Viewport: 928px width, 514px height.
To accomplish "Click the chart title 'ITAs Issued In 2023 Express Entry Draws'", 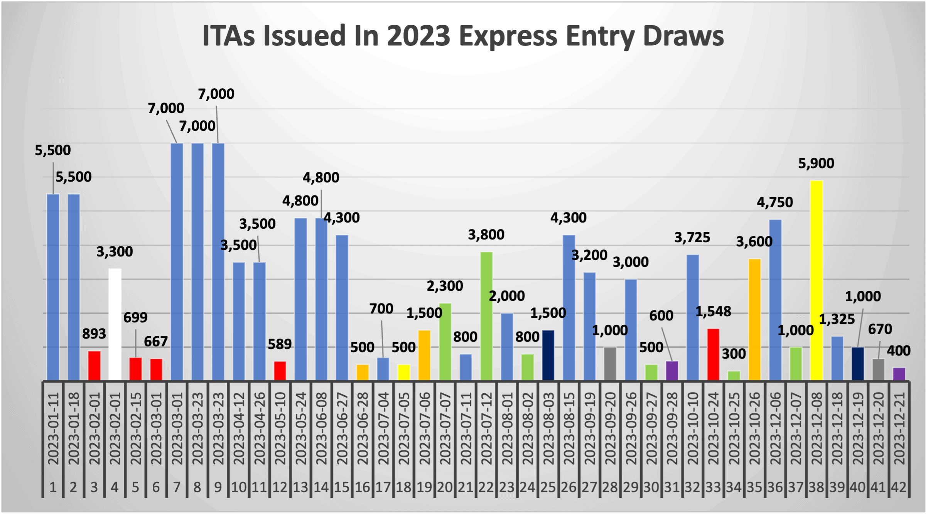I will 463,35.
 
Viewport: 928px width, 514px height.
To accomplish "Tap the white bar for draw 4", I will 115,324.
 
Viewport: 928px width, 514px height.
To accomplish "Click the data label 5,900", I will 816,163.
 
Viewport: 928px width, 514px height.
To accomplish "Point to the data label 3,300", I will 115,252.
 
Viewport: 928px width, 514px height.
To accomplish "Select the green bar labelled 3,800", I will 486,316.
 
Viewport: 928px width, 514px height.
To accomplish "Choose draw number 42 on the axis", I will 899,487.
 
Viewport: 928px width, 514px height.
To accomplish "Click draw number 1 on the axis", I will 53,487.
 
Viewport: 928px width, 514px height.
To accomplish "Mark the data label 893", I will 94,334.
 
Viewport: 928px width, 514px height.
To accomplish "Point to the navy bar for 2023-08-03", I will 548,355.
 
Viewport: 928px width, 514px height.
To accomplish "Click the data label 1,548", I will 713,312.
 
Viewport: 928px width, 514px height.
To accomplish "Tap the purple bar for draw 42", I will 899,374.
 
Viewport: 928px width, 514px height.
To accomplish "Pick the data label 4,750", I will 775,202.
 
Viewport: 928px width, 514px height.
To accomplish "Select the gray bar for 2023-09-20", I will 610,363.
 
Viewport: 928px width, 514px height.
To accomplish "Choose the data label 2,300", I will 445,286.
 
